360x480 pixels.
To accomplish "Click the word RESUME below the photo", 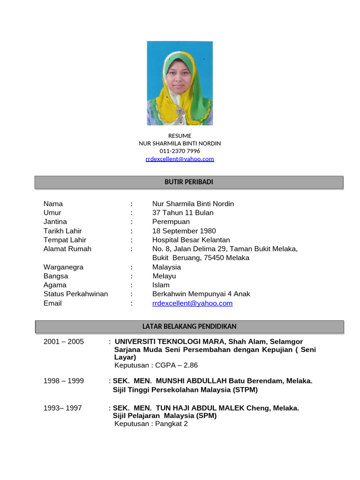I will click(180, 136).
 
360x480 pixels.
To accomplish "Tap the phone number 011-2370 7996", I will click(180, 151).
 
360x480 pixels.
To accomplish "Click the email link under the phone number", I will click(180, 159).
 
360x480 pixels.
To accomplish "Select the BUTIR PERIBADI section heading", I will click(189, 182).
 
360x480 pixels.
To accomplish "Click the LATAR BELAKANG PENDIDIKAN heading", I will click(189, 326).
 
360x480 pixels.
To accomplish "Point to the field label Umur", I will click(52, 213).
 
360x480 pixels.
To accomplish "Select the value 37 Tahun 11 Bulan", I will click(183, 213).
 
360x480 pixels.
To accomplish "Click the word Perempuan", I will click(171, 222).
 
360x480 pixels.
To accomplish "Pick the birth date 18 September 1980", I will click(184, 231).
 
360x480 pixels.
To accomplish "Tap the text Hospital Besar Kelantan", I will click(191, 240).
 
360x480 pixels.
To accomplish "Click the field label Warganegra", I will click(63, 267).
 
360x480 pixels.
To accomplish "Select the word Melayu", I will click(164, 276).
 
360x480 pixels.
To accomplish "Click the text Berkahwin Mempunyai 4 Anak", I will click(201, 294).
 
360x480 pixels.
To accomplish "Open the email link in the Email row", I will click(192, 303).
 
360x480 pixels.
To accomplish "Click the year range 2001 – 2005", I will click(64, 342).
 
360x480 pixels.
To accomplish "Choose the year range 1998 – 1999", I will click(64, 381).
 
